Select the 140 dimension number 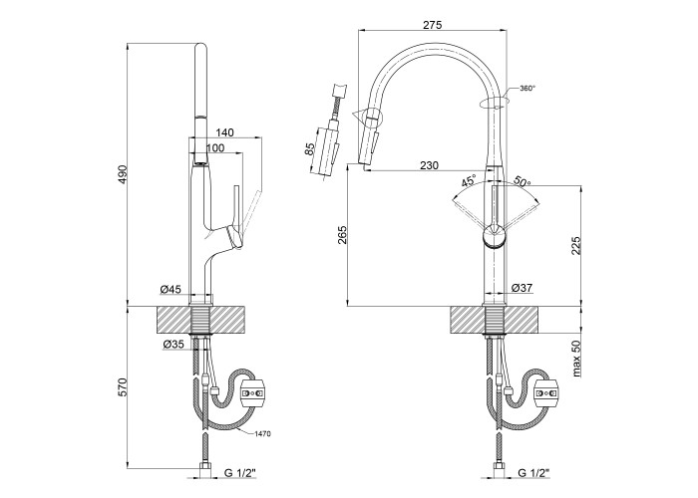pyautogui.click(x=224, y=132)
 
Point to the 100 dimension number pyautogui.click(x=214, y=148)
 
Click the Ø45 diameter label pyautogui.click(x=171, y=290)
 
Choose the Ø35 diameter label pyautogui.click(x=173, y=345)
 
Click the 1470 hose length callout pyautogui.click(x=262, y=434)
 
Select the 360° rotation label pyautogui.click(x=527, y=89)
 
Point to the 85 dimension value pyautogui.click(x=310, y=150)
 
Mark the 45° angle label pyautogui.click(x=469, y=181)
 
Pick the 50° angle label pyautogui.click(x=523, y=182)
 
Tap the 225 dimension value pyautogui.click(x=576, y=245)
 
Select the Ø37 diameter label pyautogui.click(x=522, y=289)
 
